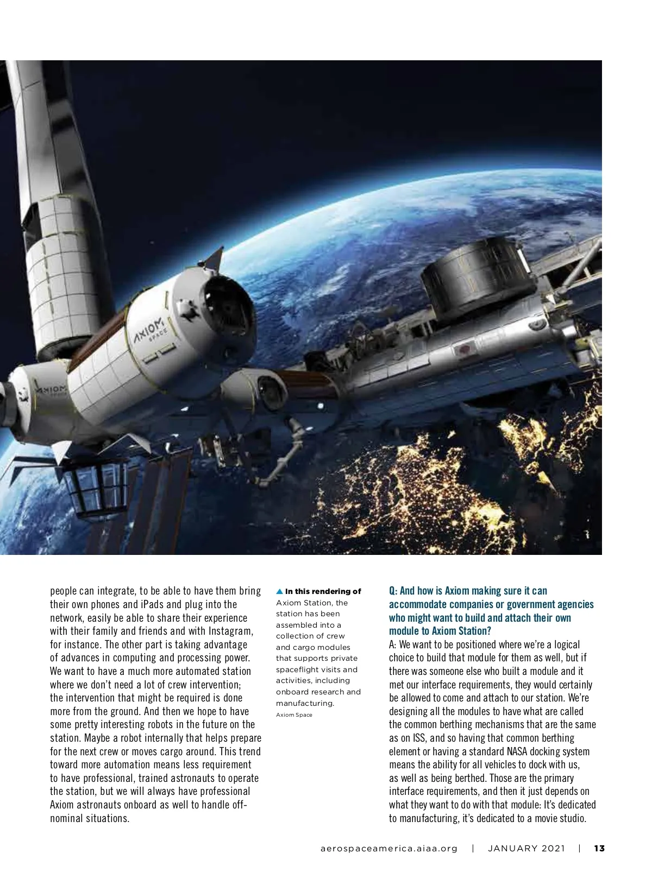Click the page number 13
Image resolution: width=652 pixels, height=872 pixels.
point(599,848)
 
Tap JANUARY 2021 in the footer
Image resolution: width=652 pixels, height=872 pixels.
point(526,848)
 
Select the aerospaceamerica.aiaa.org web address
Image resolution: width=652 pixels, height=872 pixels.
point(389,848)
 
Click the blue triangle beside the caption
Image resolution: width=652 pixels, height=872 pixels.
point(279,591)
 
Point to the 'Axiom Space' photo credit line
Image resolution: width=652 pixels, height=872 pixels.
point(294,715)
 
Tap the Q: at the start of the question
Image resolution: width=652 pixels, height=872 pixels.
point(393,591)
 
